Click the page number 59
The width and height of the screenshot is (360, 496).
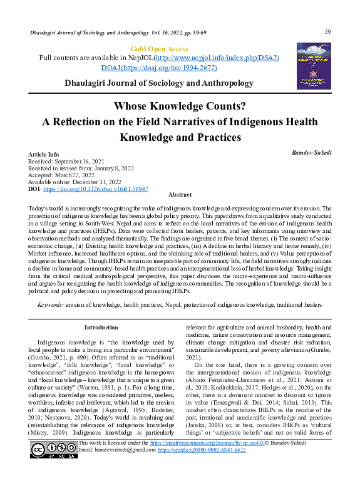(327, 32)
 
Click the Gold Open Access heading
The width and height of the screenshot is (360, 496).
(158, 49)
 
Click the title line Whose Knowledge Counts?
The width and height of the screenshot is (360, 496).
(180, 106)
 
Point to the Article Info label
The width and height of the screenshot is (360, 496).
(44, 154)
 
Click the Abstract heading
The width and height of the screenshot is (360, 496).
(180, 195)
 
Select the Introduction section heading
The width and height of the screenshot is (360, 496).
(101, 328)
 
